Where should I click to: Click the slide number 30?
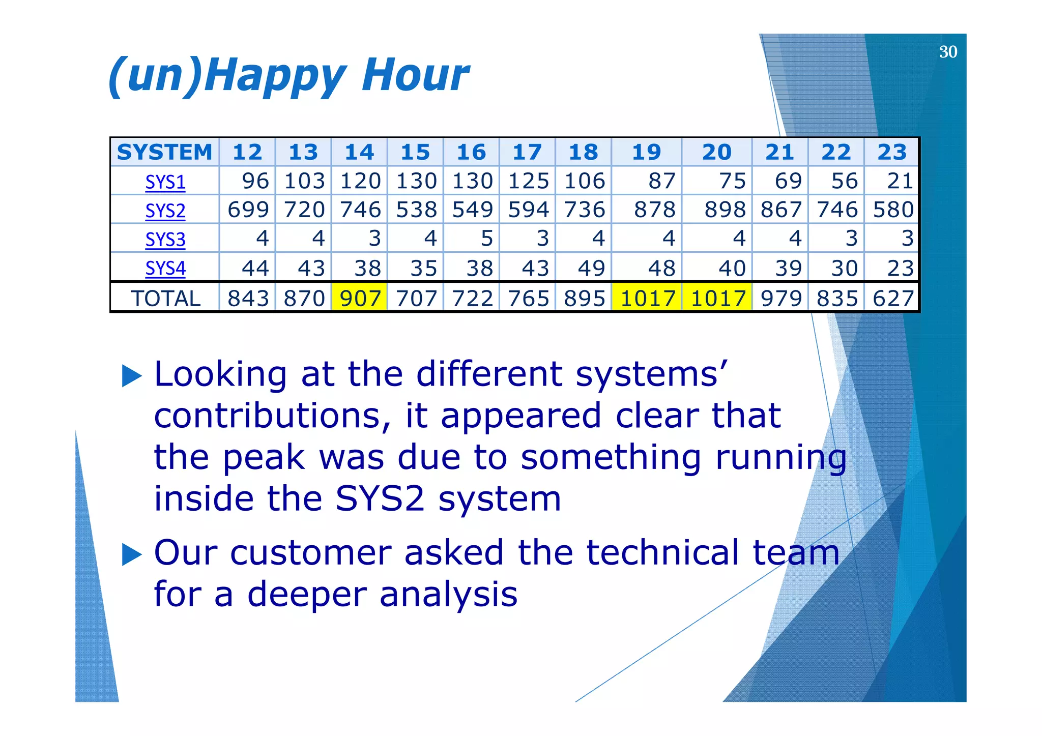[x=947, y=52]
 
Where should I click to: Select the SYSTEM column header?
[x=164, y=152]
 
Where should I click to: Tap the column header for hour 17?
[x=527, y=152]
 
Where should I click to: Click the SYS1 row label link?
[x=165, y=182]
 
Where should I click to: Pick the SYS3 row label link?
[x=165, y=239]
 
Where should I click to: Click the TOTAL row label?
[x=165, y=298]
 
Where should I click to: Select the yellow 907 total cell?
[x=360, y=298]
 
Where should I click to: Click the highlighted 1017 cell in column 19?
[x=647, y=298]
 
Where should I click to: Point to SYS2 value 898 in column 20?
[x=725, y=210]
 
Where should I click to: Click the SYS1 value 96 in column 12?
[x=255, y=181]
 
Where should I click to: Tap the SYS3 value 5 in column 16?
[x=486, y=238]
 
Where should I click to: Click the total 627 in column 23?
[x=892, y=298]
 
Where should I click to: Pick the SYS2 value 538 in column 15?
[x=416, y=210]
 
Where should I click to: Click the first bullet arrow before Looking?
[x=132, y=376]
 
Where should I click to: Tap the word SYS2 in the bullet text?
[x=380, y=498]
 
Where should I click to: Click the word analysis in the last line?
[x=448, y=594]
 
